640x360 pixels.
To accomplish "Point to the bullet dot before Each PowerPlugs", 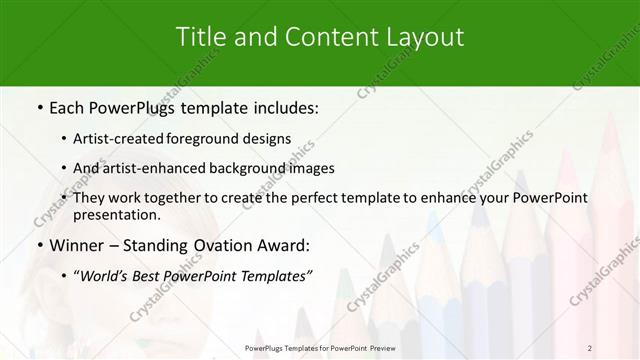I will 39,107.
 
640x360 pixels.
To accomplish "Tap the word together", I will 180,197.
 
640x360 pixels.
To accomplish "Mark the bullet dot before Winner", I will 39,246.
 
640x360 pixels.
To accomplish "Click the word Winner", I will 77,246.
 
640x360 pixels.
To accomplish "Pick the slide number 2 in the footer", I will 590,347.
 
